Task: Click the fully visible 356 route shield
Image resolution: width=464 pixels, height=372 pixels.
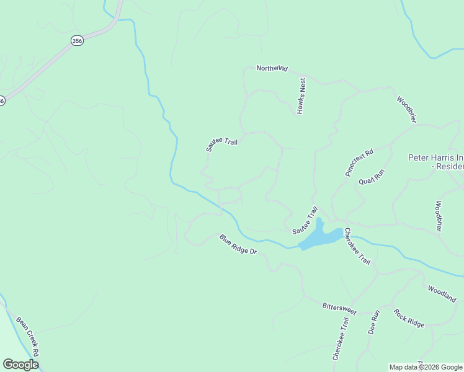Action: pos(76,40)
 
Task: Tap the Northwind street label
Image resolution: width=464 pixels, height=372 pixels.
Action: pos(272,68)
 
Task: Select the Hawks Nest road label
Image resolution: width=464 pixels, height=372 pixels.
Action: pos(301,95)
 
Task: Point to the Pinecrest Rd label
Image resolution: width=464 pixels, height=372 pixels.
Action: pos(360,163)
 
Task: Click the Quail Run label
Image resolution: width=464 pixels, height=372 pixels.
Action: pos(372,177)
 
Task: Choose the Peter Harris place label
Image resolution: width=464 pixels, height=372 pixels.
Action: pos(435,162)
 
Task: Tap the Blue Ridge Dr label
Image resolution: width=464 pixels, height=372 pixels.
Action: pos(238,244)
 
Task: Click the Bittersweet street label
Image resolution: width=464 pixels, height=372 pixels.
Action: pos(339,308)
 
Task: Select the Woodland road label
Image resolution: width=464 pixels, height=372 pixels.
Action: pos(442,293)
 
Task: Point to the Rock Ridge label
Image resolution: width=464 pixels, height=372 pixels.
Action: pos(409,318)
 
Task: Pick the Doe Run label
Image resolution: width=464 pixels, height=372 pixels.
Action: pos(373,322)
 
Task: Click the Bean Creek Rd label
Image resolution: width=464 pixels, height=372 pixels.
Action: pos(28,337)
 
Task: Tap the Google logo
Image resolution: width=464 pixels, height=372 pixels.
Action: pos(20,365)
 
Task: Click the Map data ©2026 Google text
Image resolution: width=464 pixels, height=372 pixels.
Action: pos(426,367)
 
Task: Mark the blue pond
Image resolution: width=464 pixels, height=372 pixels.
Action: pos(320,237)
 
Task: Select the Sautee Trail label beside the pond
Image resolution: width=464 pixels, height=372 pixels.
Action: pos(305,221)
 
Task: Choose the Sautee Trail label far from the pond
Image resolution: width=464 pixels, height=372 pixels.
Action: pos(221,144)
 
